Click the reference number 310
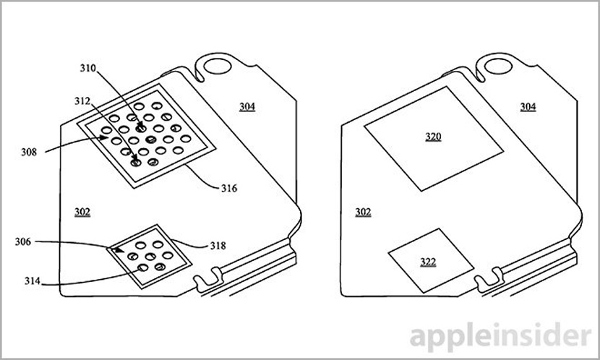(87, 68)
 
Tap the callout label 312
(82, 101)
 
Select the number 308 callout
(29, 153)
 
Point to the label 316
(229, 188)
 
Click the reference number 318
(218, 246)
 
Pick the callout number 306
(23, 241)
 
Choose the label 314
(33, 281)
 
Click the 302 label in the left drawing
(82, 213)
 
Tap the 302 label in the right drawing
(363, 213)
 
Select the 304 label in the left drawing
(247, 107)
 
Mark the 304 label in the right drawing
(528, 107)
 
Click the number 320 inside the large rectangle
(433, 137)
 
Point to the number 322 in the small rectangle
(428, 262)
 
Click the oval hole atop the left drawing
(218, 67)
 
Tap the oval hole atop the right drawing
(498, 67)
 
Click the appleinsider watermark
(500, 336)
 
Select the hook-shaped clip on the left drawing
(209, 280)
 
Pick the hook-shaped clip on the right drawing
(490, 280)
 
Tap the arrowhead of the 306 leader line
(120, 250)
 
